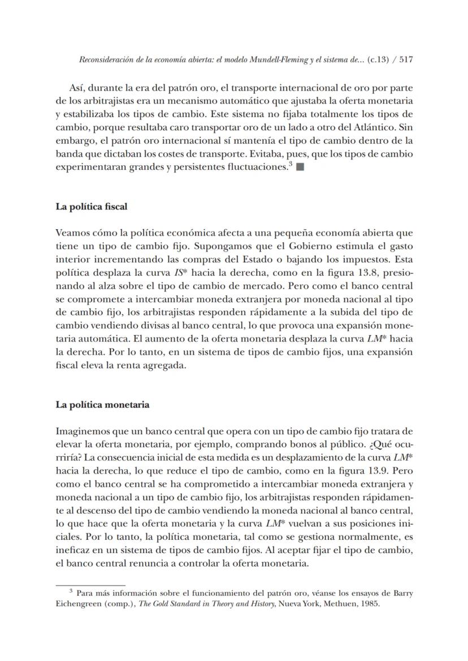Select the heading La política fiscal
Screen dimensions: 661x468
(x=91, y=207)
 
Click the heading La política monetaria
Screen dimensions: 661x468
(x=102, y=405)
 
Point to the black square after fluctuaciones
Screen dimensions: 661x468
(x=299, y=168)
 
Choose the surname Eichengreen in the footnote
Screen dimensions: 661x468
(x=78, y=604)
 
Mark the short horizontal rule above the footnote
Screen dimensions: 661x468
(x=90, y=585)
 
